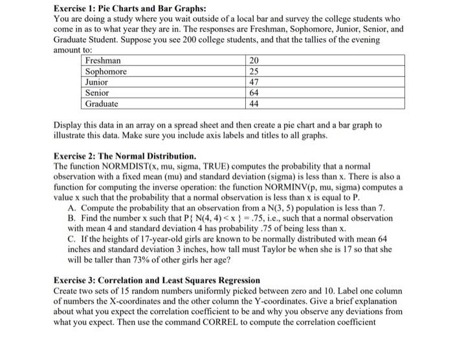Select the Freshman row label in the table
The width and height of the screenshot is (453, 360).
103,61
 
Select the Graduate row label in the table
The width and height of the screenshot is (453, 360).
102,104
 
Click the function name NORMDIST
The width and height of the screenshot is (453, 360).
118,167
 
